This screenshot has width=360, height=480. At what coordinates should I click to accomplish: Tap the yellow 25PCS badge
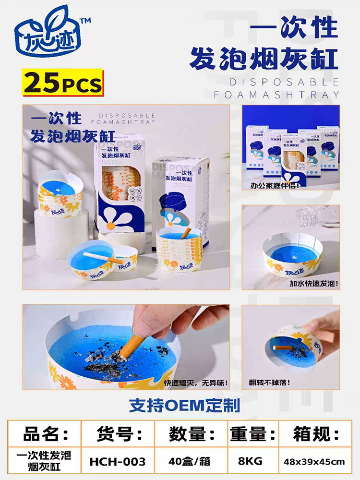(x=63, y=83)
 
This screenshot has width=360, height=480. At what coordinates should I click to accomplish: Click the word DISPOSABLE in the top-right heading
(x=284, y=82)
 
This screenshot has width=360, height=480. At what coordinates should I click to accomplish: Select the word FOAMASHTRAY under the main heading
(x=277, y=95)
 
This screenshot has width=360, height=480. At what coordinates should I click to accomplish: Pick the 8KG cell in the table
(x=250, y=461)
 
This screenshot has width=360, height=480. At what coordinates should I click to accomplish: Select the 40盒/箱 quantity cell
(x=190, y=461)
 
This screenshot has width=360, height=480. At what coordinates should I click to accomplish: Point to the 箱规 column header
(x=316, y=434)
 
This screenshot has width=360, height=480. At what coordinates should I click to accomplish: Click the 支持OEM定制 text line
(x=184, y=405)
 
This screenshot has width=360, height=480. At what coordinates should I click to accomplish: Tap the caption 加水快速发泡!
(x=314, y=283)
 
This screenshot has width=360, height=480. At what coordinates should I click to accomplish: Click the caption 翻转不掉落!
(x=269, y=383)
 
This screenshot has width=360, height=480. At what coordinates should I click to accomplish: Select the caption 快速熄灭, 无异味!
(x=196, y=383)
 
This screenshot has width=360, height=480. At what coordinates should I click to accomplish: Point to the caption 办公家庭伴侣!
(x=275, y=185)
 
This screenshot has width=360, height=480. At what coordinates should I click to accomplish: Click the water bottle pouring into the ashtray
(x=318, y=217)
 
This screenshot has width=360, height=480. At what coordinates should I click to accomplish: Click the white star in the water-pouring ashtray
(x=294, y=257)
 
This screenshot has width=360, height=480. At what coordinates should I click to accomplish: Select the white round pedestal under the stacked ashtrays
(x=61, y=233)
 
